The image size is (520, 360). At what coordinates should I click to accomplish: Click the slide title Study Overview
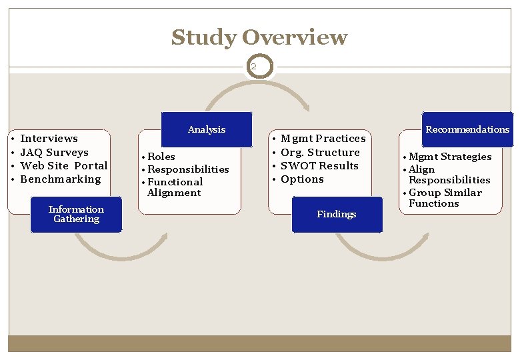[x=259, y=37]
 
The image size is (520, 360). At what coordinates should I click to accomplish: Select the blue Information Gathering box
[x=76, y=214]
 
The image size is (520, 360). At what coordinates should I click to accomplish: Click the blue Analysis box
[x=207, y=129]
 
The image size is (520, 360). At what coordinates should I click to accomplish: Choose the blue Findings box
[x=337, y=214]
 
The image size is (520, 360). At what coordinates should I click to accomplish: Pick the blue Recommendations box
[x=467, y=129]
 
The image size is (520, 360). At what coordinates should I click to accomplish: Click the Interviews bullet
[x=49, y=139]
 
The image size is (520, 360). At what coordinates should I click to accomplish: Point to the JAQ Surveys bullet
[x=54, y=152]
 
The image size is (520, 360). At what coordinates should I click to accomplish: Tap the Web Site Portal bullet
[x=64, y=165]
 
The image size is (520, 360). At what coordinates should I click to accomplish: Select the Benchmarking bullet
[x=61, y=179]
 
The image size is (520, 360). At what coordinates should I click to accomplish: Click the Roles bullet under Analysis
[x=161, y=157]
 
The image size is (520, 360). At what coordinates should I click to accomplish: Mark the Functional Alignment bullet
[x=175, y=187]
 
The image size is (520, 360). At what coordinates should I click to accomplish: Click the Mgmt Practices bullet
[x=323, y=139]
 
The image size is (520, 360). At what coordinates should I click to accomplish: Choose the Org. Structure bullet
[x=320, y=152]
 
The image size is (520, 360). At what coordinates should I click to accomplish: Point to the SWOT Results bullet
[x=319, y=165]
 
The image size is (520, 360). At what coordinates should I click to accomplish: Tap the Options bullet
[x=302, y=179]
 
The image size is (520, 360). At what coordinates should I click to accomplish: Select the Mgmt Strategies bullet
[x=450, y=157]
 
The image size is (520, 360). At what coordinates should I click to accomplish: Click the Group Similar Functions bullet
[x=445, y=198]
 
